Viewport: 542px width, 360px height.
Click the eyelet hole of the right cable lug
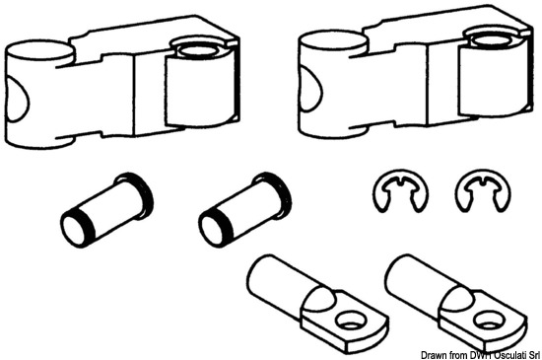coord(488,322)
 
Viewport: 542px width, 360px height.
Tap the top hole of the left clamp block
coord(197,49)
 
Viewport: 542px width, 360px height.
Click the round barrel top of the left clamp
coord(38,51)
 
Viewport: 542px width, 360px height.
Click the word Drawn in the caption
coord(432,355)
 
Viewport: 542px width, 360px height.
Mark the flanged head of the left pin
coord(137,193)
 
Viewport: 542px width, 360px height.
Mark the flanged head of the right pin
coord(275,193)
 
